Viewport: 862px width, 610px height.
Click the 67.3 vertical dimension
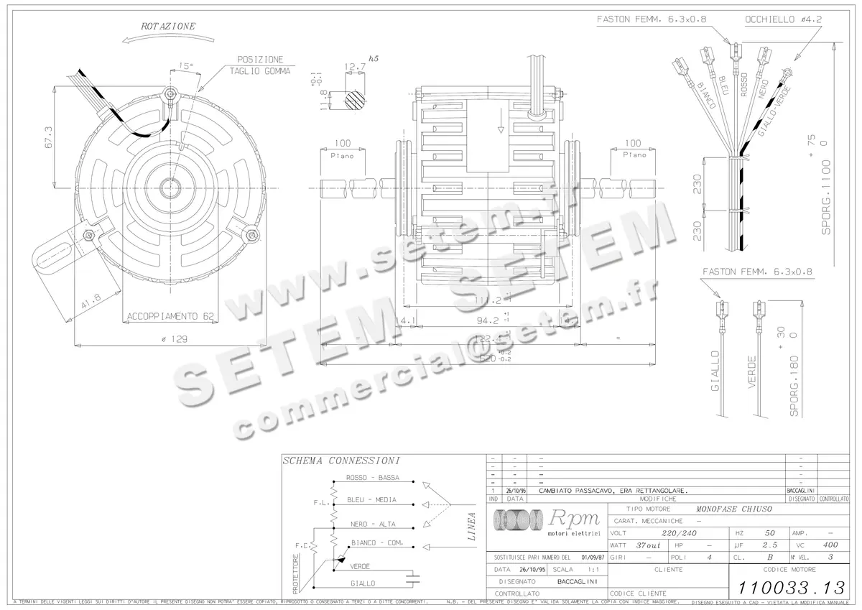pos(49,137)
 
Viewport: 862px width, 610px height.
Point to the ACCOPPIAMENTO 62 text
pos(170,316)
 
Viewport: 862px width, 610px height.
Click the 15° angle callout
pos(185,66)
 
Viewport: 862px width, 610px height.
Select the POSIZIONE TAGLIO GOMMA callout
pos(260,65)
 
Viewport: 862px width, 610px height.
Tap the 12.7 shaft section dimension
pos(355,68)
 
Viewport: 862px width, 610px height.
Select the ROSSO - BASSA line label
pos(372,478)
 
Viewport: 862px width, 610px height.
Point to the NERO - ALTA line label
pos(372,524)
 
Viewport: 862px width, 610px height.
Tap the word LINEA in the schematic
pos(471,527)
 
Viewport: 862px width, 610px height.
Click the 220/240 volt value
pos(679,533)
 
